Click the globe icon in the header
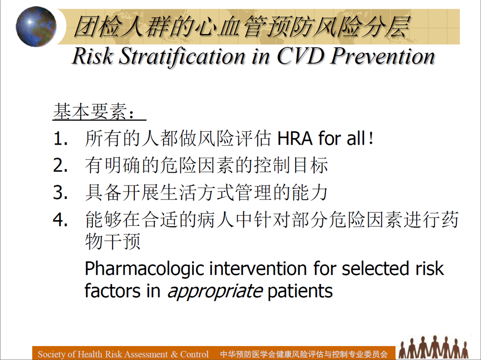pos(36,27)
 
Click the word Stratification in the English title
pos(182,57)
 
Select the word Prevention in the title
pos(382,56)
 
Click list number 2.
pos(60,165)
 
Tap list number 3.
pos(60,193)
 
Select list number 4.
pos(60,220)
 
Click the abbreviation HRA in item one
pos(295,138)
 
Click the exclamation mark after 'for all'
pos(371,138)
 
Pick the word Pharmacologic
pos(144,269)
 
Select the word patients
pos(300,291)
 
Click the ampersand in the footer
pos(174,354)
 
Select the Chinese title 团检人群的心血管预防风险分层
pos(242,27)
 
